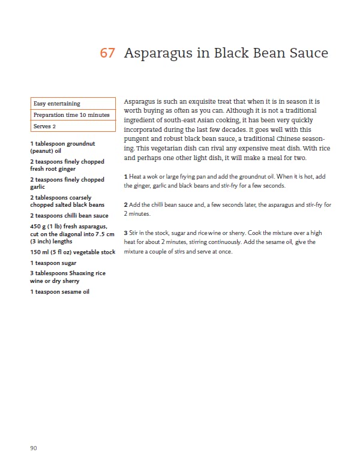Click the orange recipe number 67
point(107,53)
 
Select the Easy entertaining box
point(73,104)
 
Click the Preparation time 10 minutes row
point(73,115)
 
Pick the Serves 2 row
point(73,126)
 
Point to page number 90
point(34,448)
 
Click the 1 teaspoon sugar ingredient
point(53,263)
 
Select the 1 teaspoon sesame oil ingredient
point(60,291)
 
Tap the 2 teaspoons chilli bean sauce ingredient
point(69,215)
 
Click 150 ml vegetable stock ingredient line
point(73,252)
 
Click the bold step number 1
point(125,176)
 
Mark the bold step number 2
point(125,204)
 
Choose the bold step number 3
point(125,233)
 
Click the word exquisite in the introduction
point(203,103)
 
